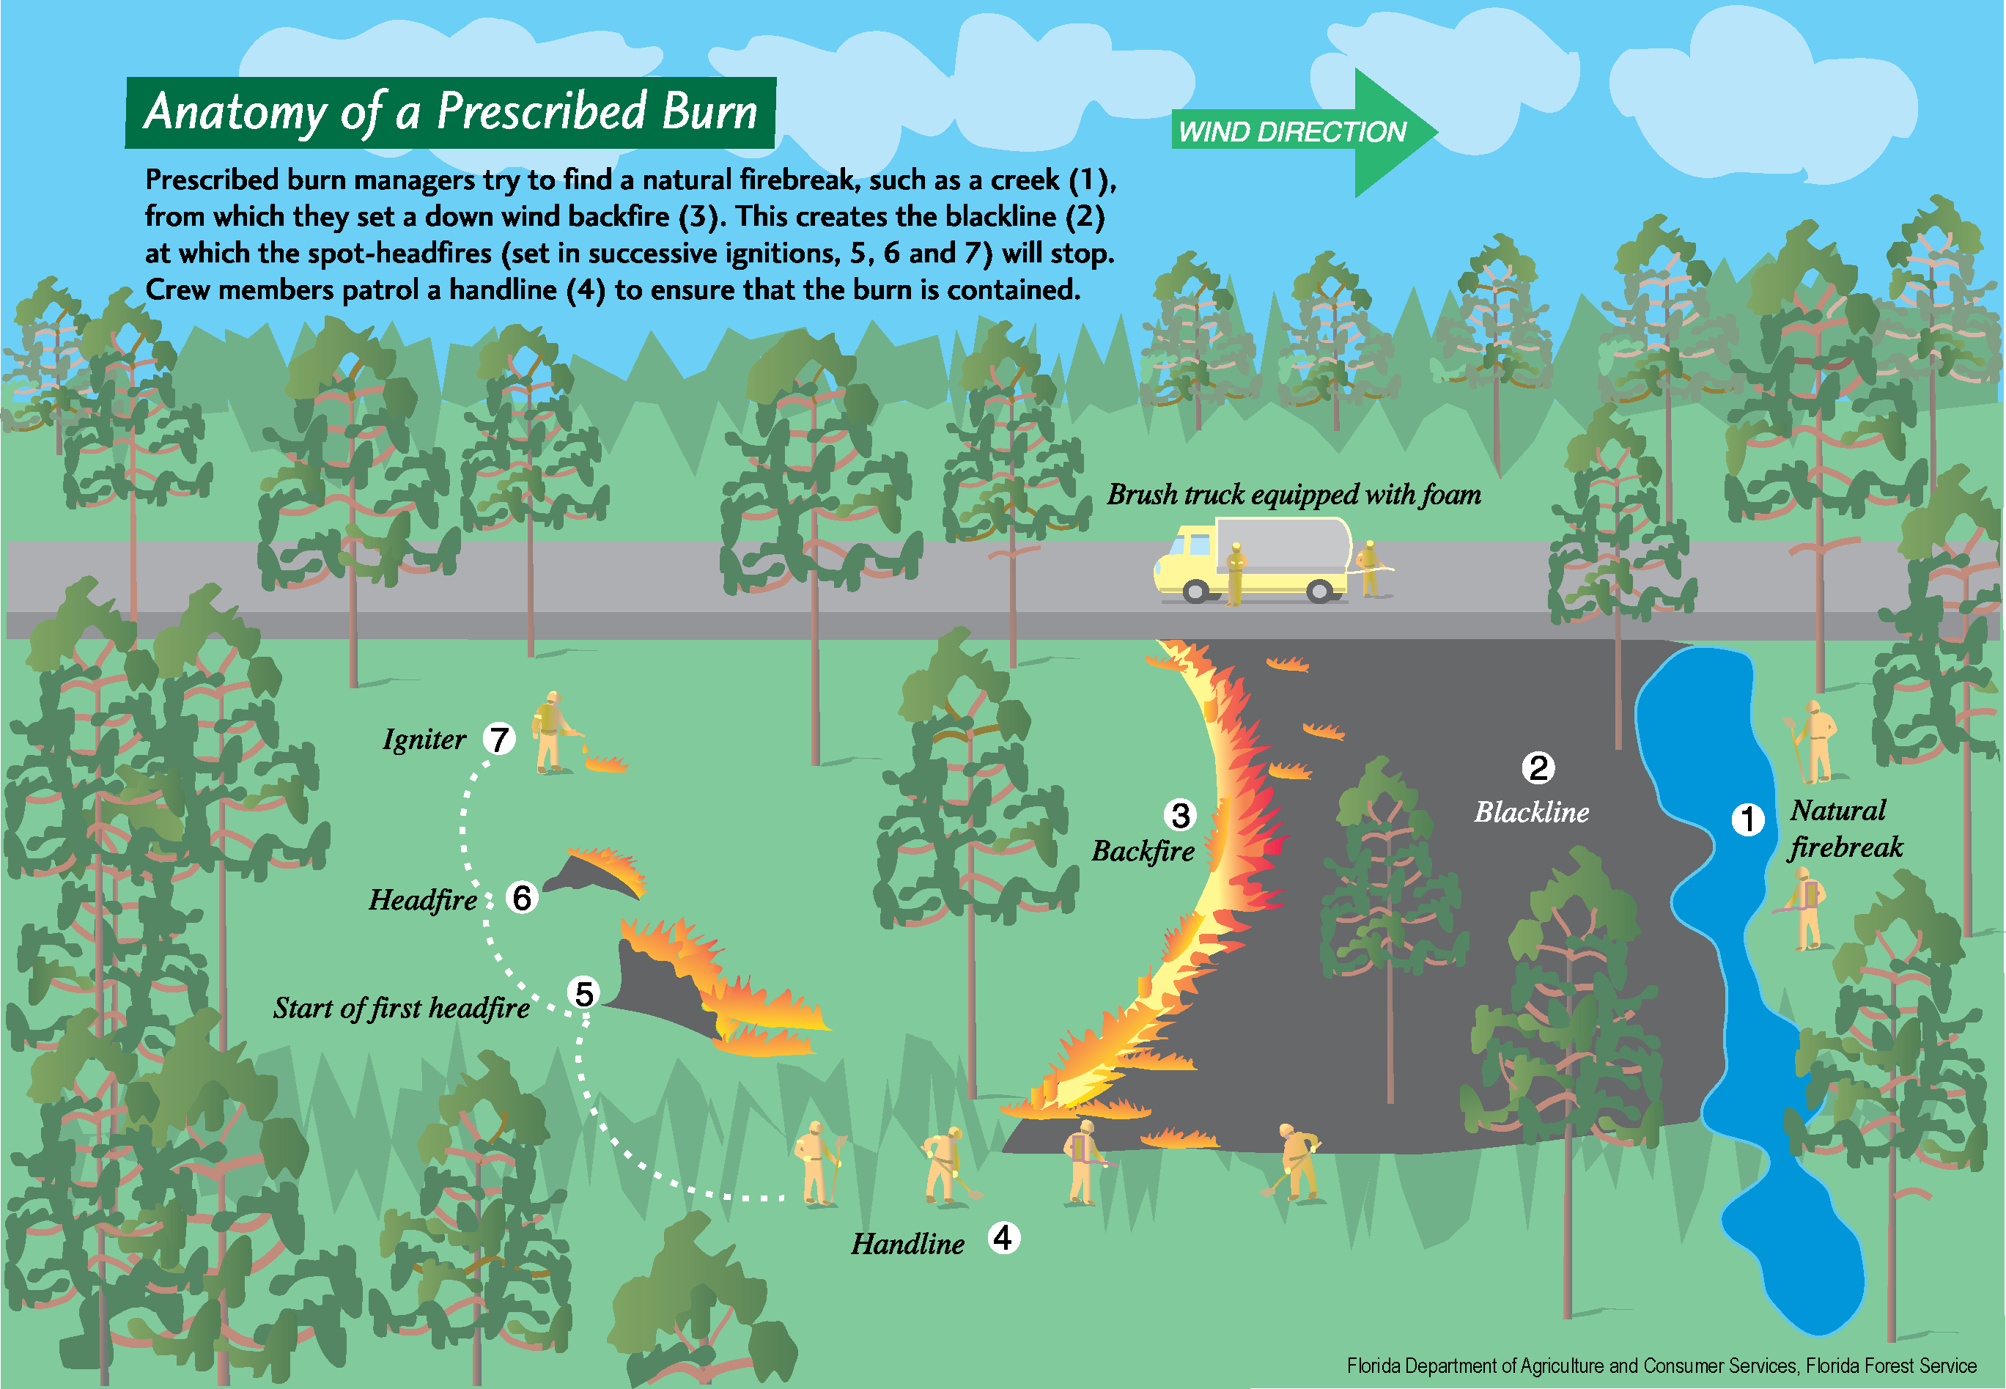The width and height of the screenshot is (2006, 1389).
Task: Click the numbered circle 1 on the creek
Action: click(x=1747, y=819)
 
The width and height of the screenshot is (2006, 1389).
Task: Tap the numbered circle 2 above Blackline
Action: click(x=1538, y=767)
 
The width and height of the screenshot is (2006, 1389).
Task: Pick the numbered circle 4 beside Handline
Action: click(x=1003, y=1237)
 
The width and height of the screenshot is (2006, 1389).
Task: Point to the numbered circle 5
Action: click(x=584, y=993)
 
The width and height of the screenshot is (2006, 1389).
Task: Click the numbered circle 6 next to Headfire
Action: click(x=521, y=897)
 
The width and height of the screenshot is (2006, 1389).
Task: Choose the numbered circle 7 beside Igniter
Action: click(x=498, y=739)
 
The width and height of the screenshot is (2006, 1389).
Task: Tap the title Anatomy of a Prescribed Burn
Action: click(x=450, y=112)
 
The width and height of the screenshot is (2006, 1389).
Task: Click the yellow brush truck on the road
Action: click(x=1253, y=561)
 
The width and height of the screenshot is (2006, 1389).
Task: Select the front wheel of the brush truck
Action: click(x=1196, y=592)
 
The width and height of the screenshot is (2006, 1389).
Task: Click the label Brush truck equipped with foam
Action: click(x=1294, y=494)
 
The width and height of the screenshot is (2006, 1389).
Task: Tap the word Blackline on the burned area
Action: click(x=1531, y=812)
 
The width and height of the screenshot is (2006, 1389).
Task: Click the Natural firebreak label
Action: click(x=1845, y=828)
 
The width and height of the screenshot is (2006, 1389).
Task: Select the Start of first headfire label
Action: click(x=401, y=1008)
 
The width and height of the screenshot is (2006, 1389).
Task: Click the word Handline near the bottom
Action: click(x=907, y=1244)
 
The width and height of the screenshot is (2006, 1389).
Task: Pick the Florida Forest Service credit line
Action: click(x=1661, y=1366)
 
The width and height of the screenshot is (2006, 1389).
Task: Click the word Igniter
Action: click(x=424, y=740)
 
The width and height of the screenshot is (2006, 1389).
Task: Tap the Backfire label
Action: click(x=1143, y=851)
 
